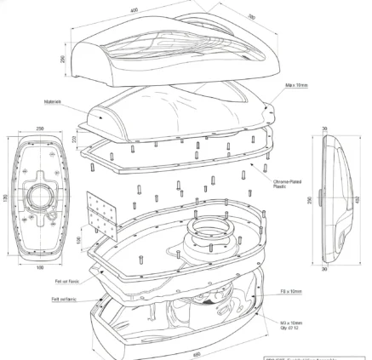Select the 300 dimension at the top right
pos(251,16)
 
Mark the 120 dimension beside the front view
pos(7,198)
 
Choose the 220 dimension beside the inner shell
pos(75,138)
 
